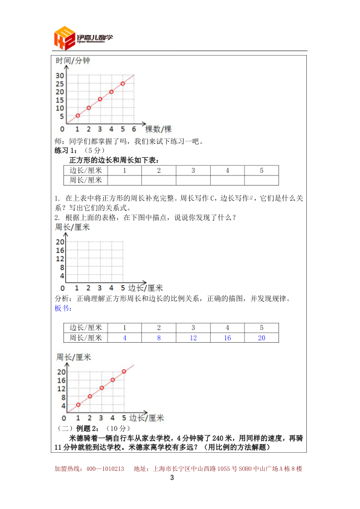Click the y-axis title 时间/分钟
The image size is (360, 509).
click(72, 61)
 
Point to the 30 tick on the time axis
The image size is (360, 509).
click(60, 76)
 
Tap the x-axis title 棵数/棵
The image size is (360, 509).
click(158, 129)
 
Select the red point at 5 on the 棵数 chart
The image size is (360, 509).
click(123, 83)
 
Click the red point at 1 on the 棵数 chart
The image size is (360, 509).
click(77, 115)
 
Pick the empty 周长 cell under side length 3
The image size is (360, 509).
click(193, 180)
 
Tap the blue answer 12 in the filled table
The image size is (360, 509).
click(193, 337)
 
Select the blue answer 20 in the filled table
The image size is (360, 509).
click(262, 337)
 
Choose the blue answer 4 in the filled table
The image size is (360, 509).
click(124, 337)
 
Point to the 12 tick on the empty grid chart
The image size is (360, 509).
click(60, 259)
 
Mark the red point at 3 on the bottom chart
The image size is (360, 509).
click(101, 388)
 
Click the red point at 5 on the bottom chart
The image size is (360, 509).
click(124, 371)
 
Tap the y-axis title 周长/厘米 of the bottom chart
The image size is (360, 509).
click(72, 357)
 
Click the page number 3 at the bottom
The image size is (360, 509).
click(172, 479)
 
